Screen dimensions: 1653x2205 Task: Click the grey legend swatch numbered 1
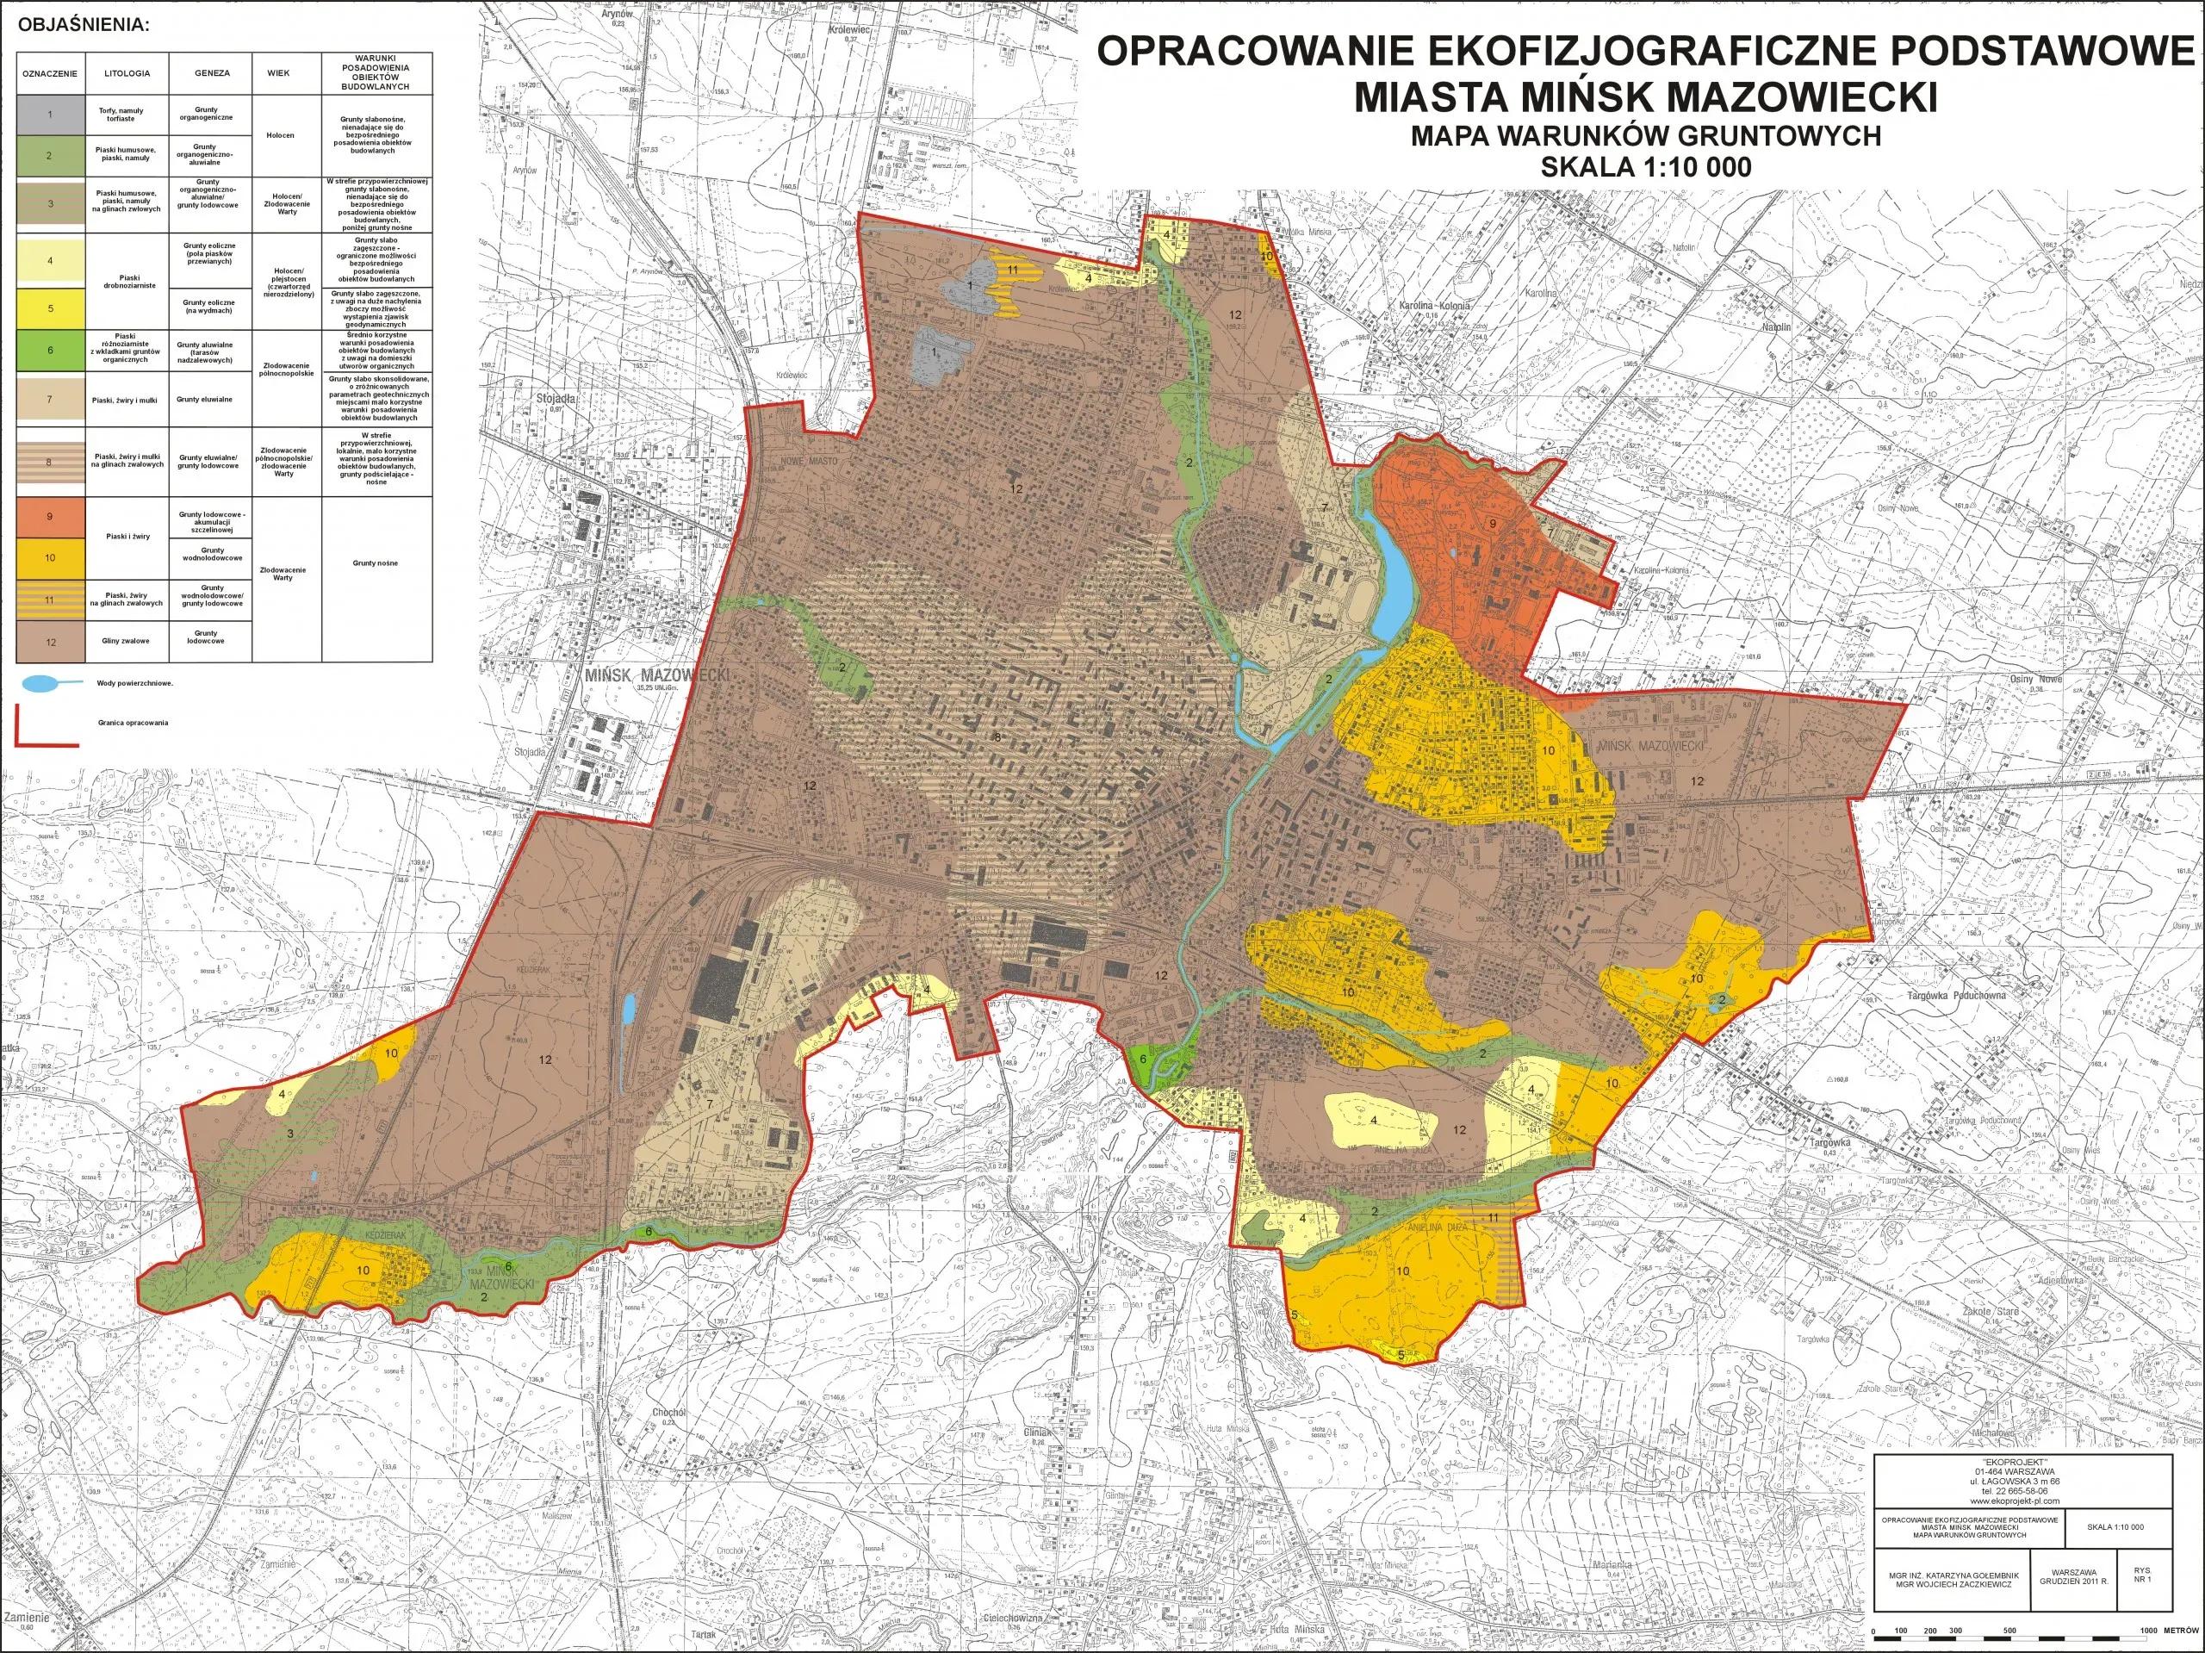click(50, 114)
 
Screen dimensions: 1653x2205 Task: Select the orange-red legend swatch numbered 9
click(50, 517)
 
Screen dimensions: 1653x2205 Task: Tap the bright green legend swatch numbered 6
click(50, 350)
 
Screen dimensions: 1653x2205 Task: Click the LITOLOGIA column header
click(127, 72)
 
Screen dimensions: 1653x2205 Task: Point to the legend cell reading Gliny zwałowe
click(126, 641)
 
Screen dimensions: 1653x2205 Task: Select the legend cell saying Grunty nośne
click(375, 563)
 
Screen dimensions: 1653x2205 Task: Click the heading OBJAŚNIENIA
click(84, 25)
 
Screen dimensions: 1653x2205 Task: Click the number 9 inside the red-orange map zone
click(1493, 522)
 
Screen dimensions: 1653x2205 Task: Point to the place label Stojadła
click(556, 398)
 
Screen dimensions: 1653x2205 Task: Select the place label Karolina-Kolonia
click(1433, 305)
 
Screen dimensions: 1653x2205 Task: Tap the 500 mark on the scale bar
click(2009, 1631)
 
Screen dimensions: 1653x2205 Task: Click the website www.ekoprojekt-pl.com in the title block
click(2022, 1500)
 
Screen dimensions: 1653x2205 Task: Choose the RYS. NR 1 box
click(2142, 1575)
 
